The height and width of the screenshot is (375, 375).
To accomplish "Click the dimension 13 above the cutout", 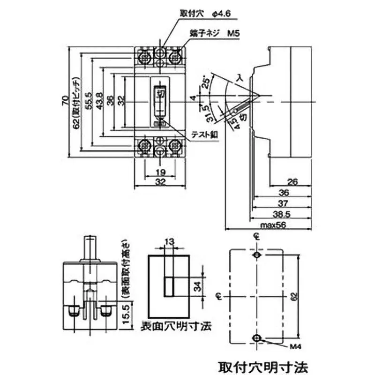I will coord(169,242).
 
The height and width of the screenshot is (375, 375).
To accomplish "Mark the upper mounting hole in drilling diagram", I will coord(256,255).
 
